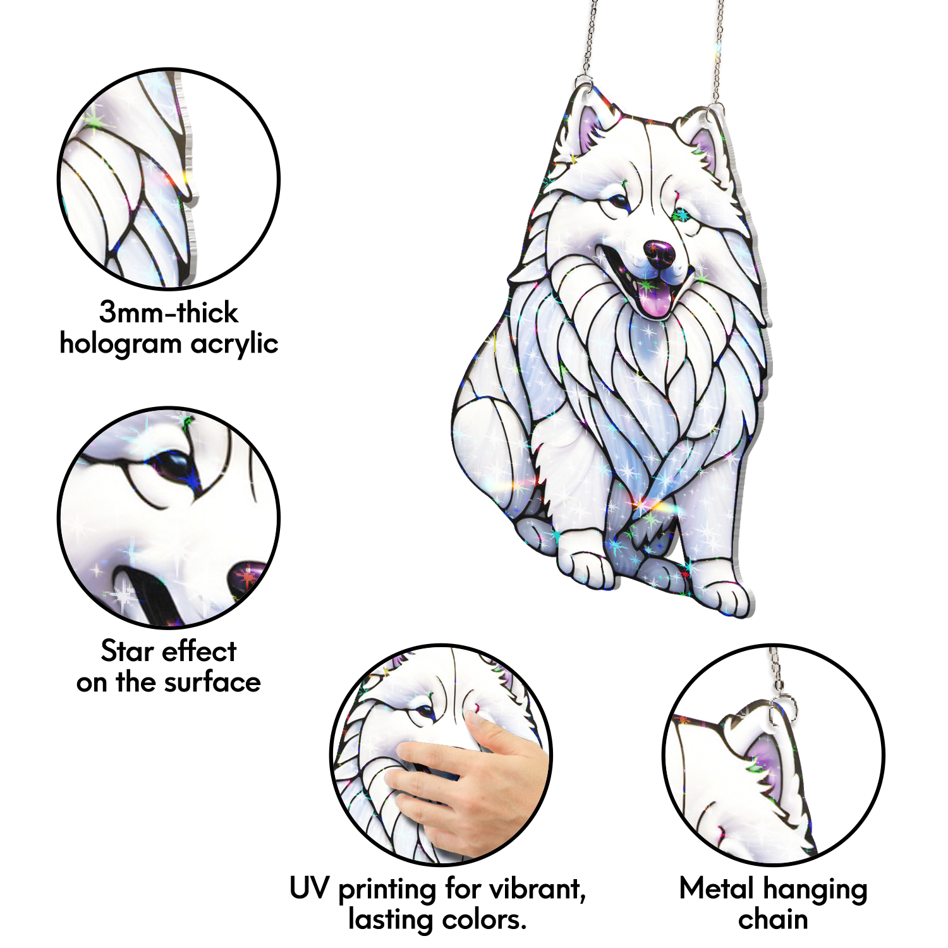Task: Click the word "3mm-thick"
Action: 168,312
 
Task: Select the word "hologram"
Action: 121,344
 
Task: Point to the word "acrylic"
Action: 234,343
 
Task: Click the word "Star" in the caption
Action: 124,651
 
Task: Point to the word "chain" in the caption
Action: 773,920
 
